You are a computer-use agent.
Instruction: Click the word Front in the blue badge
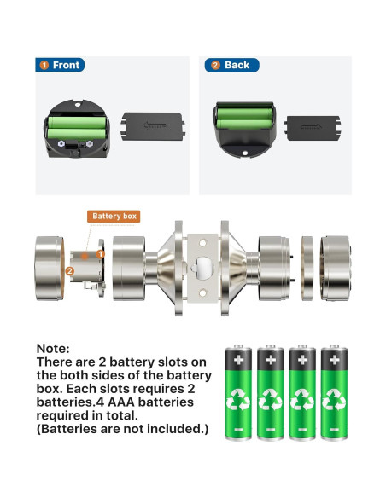coord(66,65)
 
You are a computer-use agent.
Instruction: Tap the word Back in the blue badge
coord(237,65)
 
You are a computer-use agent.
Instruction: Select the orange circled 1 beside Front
coord(43,65)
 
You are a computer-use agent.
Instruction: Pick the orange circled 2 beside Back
coord(214,65)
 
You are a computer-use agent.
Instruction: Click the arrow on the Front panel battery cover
coord(154,125)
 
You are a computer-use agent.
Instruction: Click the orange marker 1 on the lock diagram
coord(100,254)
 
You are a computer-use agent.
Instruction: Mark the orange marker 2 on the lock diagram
coord(69,271)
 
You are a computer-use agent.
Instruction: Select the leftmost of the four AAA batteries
coord(237,391)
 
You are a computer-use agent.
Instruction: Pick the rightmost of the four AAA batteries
coord(333,391)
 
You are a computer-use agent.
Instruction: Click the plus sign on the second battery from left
coord(270,360)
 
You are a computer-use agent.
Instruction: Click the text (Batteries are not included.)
coord(122,428)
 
